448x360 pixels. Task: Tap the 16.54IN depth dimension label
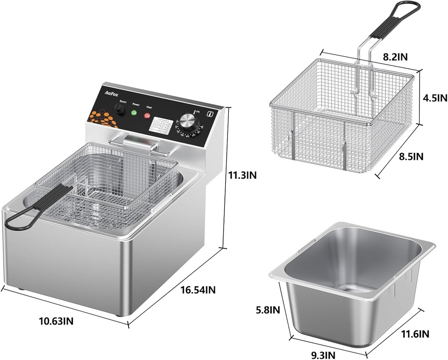coord(198,290)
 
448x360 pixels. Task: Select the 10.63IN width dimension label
coord(56,321)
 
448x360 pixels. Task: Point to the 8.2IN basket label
coord(395,57)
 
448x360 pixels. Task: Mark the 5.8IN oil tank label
coord(267,310)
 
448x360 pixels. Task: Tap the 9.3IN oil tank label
coord(324,354)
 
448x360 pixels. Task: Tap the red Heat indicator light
coord(147,116)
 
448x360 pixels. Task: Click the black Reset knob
coord(119,109)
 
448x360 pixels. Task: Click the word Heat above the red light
coord(149,107)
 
